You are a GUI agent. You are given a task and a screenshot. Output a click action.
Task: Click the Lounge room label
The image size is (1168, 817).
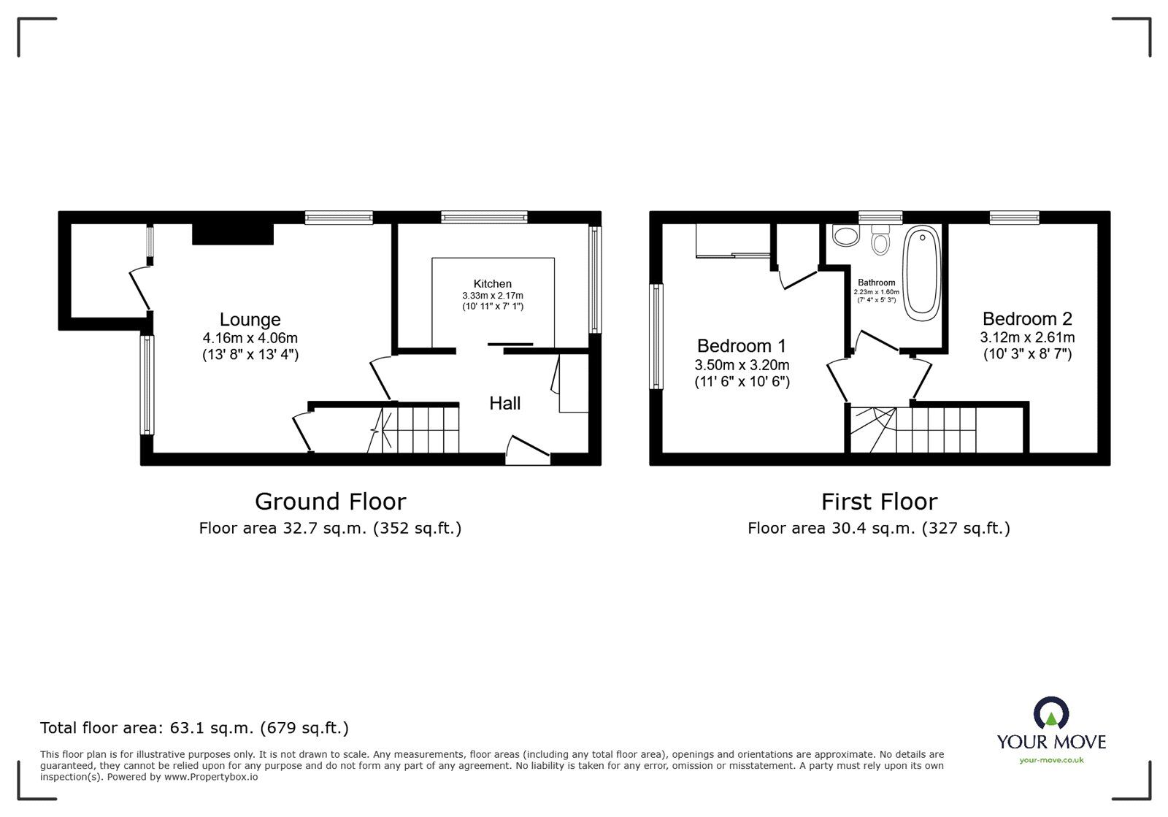pyautogui.click(x=250, y=320)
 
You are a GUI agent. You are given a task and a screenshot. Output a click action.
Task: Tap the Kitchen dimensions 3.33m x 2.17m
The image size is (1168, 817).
pyautogui.click(x=492, y=296)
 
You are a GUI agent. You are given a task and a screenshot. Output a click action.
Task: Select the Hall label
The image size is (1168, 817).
pyautogui.click(x=504, y=403)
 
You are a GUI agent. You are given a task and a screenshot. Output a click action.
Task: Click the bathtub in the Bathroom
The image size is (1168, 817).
pyautogui.click(x=923, y=274)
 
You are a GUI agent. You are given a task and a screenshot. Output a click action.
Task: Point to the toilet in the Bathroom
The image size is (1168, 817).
pyautogui.click(x=881, y=241)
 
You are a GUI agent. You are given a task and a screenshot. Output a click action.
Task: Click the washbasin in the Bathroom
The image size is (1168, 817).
pyautogui.click(x=845, y=236)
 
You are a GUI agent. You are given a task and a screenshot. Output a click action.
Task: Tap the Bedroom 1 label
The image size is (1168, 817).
pyautogui.click(x=741, y=346)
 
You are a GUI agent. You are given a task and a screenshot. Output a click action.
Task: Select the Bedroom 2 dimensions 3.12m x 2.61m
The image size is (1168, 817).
pyautogui.click(x=1026, y=337)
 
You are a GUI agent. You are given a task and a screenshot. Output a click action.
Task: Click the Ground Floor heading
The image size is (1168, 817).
pyautogui.click(x=330, y=502)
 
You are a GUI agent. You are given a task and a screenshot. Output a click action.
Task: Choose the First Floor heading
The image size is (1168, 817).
pyautogui.click(x=879, y=502)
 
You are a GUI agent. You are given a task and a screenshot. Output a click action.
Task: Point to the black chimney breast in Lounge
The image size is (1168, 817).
pyautogui.click(x=233, y=234)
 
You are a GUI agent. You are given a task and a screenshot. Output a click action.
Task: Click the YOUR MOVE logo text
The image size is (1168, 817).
pyautogui.click(x=1051, y=742)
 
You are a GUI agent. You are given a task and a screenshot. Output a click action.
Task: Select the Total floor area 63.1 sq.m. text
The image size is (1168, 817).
pyautogui.click(x=194, y=728)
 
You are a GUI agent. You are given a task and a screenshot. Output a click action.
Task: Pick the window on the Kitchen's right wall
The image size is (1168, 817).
pyautogui.click(x=595, y=280)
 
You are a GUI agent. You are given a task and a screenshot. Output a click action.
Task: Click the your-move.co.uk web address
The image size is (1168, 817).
pyautogui.click(x=1051, y=760)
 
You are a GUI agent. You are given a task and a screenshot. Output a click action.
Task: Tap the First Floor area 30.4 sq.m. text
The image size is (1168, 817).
pyautogui.click(x=878, y=528)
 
